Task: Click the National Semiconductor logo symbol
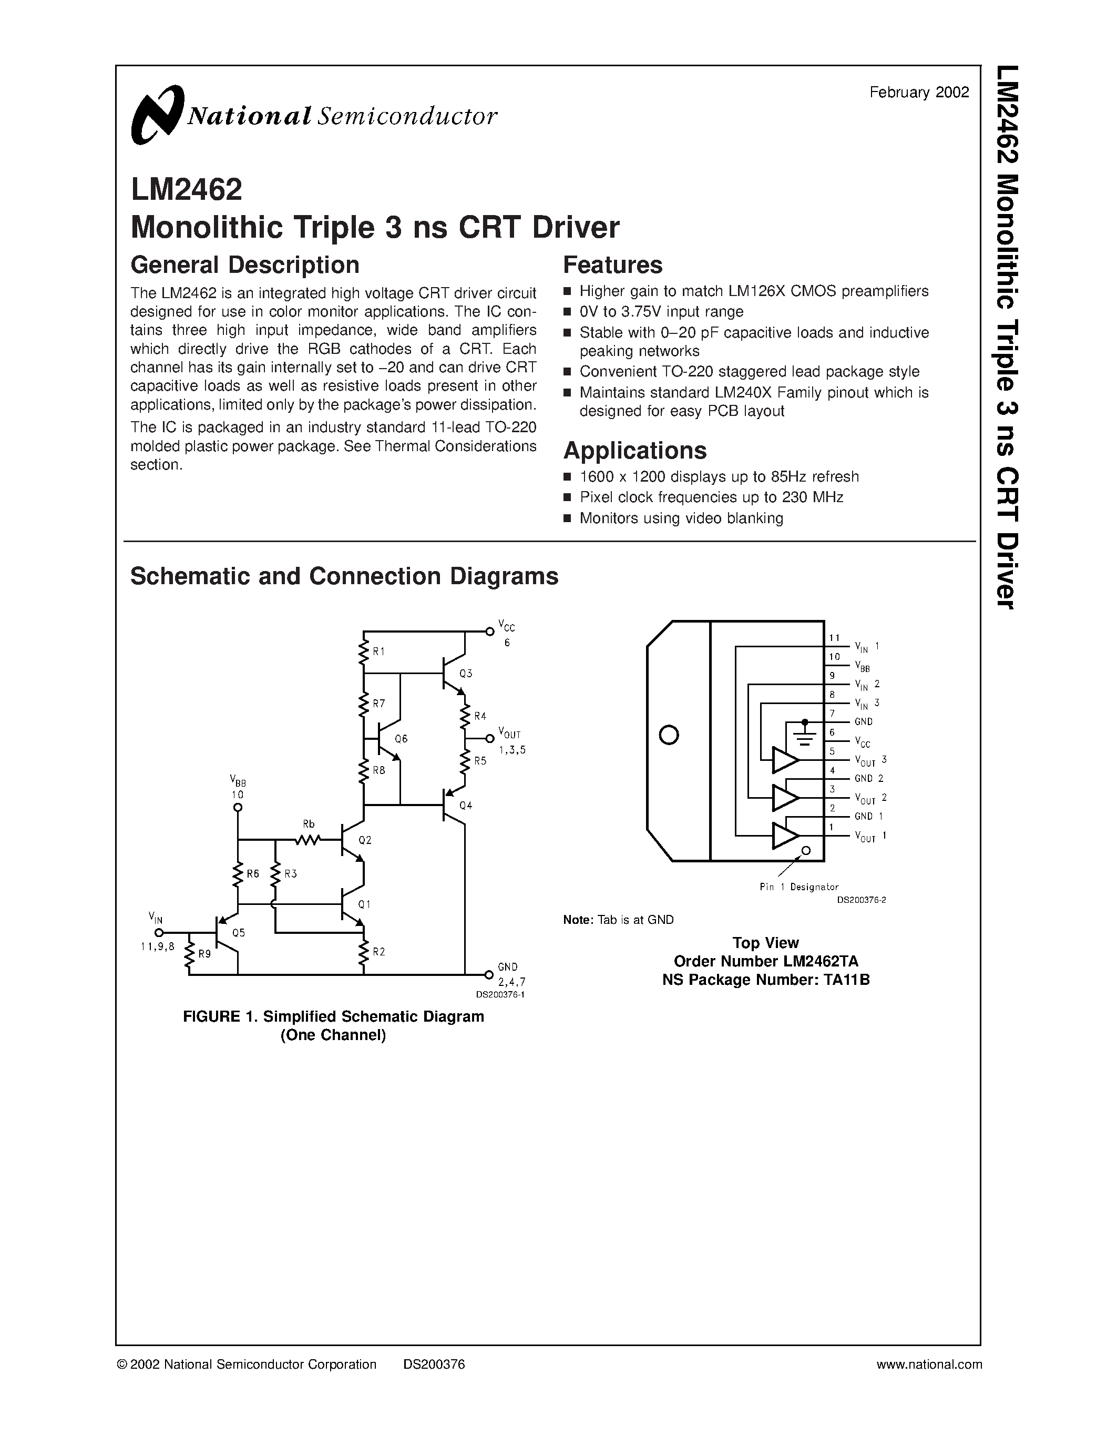[x=157, y=115]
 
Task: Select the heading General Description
[x=245, y=265]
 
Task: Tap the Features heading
[x=612, y=265]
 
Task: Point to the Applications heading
[x=634, y=450]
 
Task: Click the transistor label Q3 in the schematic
[x=466, y=674]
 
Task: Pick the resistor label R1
[x=378, y=651]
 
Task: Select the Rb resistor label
[x=309, y=824]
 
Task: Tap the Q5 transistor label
[x=238, y=933]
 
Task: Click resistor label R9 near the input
[x=204, y=954]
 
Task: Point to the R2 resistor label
[x=378, y=952]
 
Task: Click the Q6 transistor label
[x=401, y=739]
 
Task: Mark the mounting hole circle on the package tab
[x=669, y=735]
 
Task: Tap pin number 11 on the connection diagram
[x=834, y=638]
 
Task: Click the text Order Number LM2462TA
[x=766, y=961]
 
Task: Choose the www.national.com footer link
[x=929, y=1364]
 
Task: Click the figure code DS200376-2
[x=861, y=900]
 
